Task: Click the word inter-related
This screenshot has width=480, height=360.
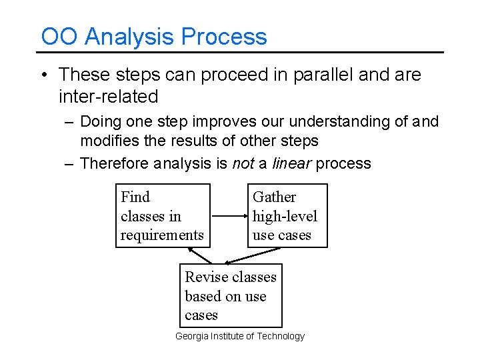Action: (108, 97)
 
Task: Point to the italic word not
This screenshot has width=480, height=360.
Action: (243, 163)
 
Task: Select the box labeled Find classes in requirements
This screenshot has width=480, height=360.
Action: (163, 215)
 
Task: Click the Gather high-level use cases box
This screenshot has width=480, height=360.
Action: (287, 215)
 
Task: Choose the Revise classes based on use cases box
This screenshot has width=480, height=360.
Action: (231, 295)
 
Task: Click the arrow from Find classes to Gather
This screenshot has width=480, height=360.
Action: (229, 216)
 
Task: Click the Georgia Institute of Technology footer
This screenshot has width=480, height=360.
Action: (239, 336)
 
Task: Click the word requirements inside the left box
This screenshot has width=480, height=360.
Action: (162, 235)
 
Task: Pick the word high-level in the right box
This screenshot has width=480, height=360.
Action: (285, 216)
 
